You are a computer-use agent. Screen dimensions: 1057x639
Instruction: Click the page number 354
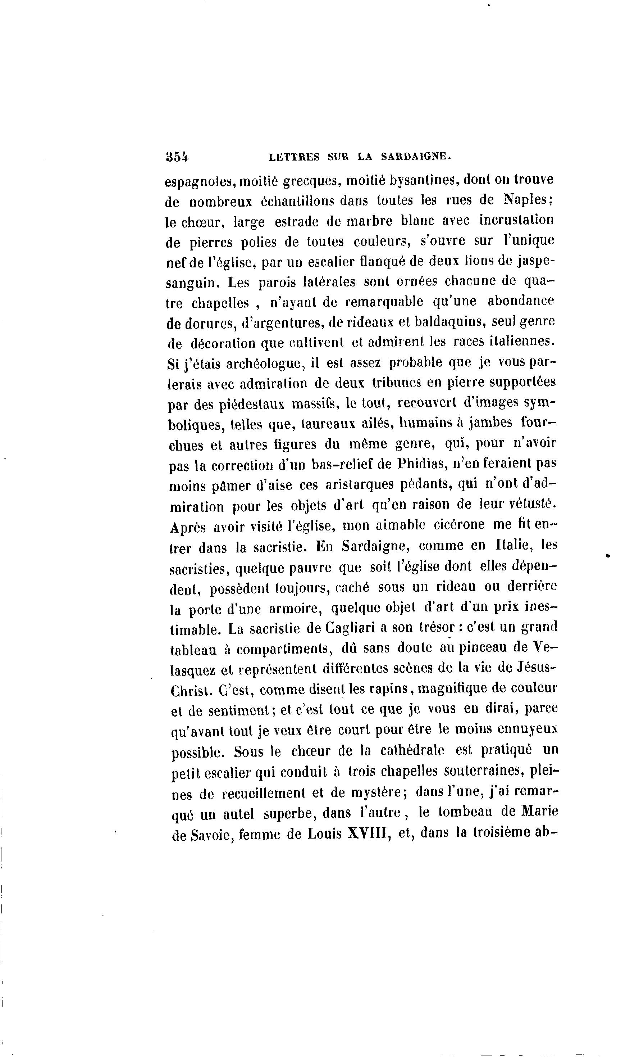[x=177, y=157]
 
